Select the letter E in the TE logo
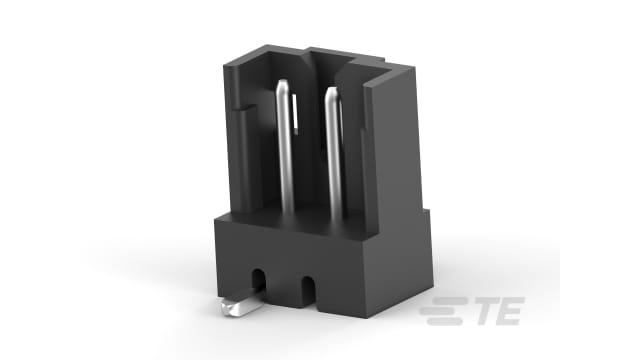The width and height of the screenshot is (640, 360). click(506, 313)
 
